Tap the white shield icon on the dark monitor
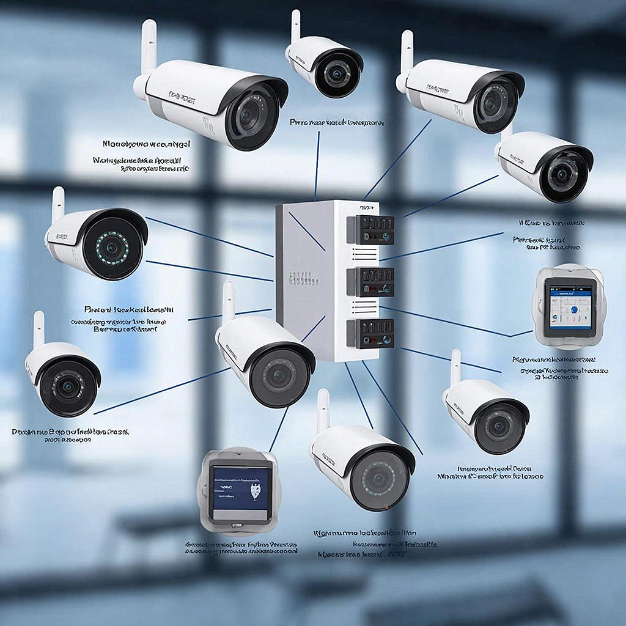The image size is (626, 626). [256, 490]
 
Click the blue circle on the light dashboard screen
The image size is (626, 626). [574, 310]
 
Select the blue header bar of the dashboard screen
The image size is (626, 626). [570, 293]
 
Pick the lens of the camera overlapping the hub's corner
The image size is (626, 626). [279, 377]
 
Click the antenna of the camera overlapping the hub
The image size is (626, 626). [229, 301]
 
